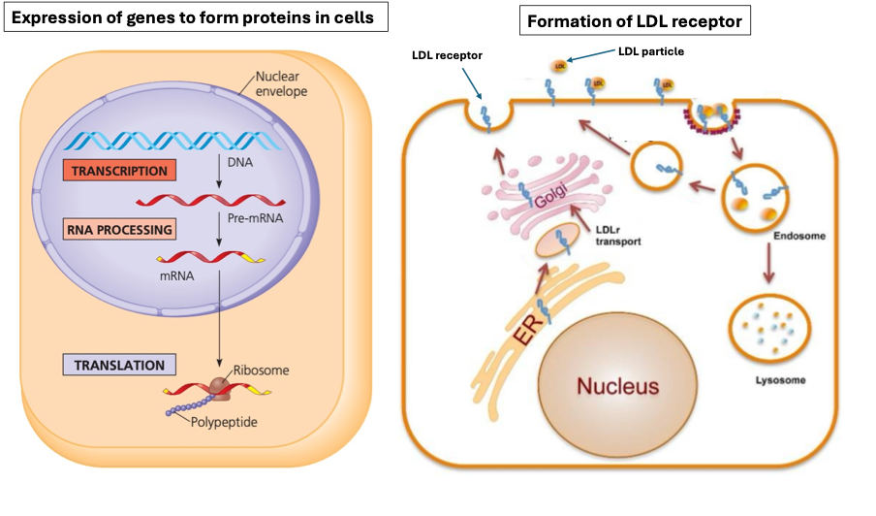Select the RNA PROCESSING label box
point(121,230)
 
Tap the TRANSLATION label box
point(120,365)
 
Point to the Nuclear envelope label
point(280,84)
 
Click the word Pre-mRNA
point(256,218)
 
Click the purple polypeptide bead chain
point(192,406)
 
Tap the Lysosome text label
point(780,380)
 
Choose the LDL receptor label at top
point(447,55)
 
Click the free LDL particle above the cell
point(560,66)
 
